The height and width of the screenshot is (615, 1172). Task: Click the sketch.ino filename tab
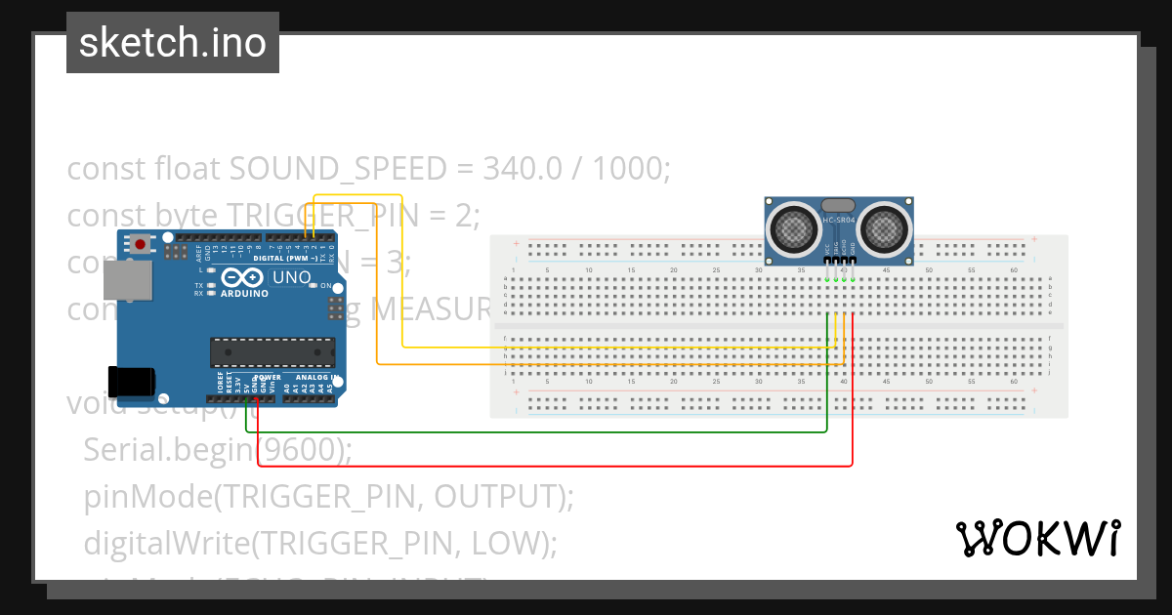pyautogui.click(x=172, y=43)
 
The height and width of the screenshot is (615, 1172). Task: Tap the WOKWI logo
pyautogui.click(x=1037, y=538)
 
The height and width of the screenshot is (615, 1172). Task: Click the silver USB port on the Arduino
pyautogui.click(x=127, y=280)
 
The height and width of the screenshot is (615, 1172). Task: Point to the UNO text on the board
pyautogui.click(x=291, y=278)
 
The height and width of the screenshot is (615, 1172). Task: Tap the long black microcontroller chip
pyautogui.click(x=272, y=352)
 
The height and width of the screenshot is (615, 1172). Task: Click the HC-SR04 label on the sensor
pyautogui.click(x=839, y=220)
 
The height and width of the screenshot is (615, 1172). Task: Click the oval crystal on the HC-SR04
pyautogui.click(x=839, y=205)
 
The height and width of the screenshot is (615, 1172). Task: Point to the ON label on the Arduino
pyautogui.click(x=325, y=286)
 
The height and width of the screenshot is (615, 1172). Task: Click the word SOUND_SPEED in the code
pyautogui.click(x=337, y=169)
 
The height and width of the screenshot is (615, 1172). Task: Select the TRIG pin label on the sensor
pyautogui.click(x=836, y=251)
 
